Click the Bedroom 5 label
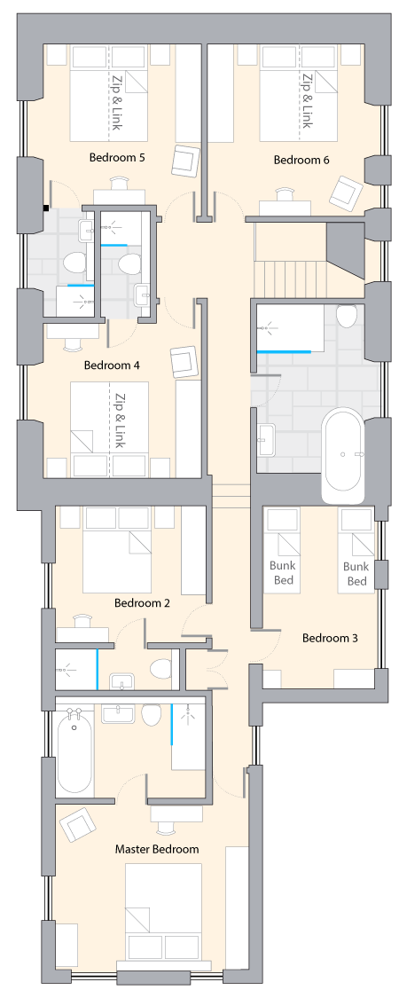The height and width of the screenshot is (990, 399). [117, 157]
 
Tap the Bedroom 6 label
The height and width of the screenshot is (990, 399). [301, 160]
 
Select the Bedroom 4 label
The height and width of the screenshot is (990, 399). [112, 365]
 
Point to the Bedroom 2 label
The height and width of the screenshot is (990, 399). [142, 603]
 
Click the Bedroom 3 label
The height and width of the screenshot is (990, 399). [330, 638]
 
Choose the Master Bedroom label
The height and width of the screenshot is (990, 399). [157, 849]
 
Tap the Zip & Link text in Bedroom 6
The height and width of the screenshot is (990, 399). [306, 101]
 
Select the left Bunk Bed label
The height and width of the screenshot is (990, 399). [284, 573]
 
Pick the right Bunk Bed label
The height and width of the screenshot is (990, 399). [356, 573]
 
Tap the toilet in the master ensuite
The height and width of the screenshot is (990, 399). [152, 714]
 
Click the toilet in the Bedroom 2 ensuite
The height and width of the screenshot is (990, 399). [161, 669]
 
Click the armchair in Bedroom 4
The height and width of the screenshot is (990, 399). [185, 362]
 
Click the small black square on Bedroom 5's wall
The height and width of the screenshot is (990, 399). [46, 207]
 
